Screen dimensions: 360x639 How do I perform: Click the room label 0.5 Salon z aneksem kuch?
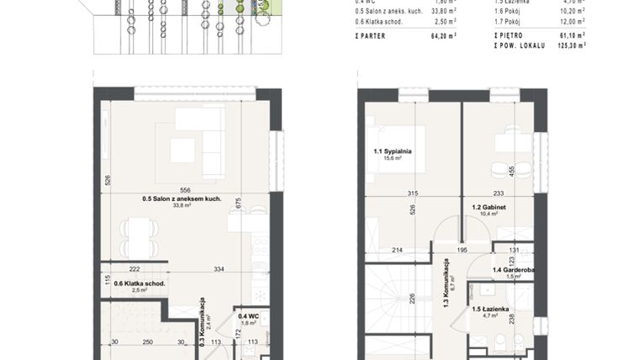tap(177, 199)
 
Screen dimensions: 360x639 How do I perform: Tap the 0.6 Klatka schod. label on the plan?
tap(140, 283)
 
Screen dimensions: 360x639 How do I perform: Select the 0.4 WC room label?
tap(247, 317)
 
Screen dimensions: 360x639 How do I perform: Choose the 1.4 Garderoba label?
tap(512, 270)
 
